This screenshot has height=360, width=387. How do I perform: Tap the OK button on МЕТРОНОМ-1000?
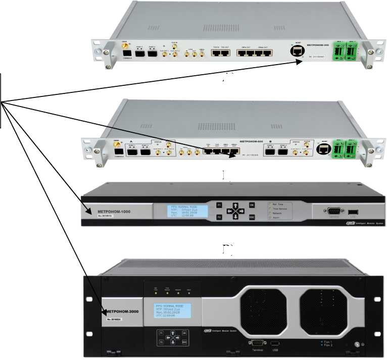coord(252,205)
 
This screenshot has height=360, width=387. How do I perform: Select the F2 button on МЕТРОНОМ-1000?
coord(219,217)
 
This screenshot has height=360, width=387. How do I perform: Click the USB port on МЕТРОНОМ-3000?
coord(275,342)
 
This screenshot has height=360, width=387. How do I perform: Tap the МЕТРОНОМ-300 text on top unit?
coord(318,45)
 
